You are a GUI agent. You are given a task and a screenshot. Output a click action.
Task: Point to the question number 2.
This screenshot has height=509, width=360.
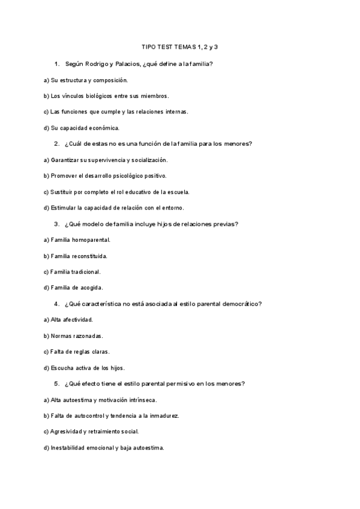coord(56,143)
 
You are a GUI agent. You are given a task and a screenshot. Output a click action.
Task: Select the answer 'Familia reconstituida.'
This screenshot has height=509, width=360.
coord(76,256)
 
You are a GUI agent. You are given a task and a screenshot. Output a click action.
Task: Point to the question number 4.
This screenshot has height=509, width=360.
coord(56,304)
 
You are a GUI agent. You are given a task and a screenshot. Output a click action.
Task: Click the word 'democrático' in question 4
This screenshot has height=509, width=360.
coord(238,304)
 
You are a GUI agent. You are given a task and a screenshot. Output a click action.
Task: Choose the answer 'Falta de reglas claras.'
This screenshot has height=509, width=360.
coord(76,352)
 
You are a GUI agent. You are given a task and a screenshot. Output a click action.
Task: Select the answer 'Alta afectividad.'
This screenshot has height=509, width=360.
coord(68,320)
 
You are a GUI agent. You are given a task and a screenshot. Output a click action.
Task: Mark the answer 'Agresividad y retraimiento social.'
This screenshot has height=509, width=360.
coord(91,432)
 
